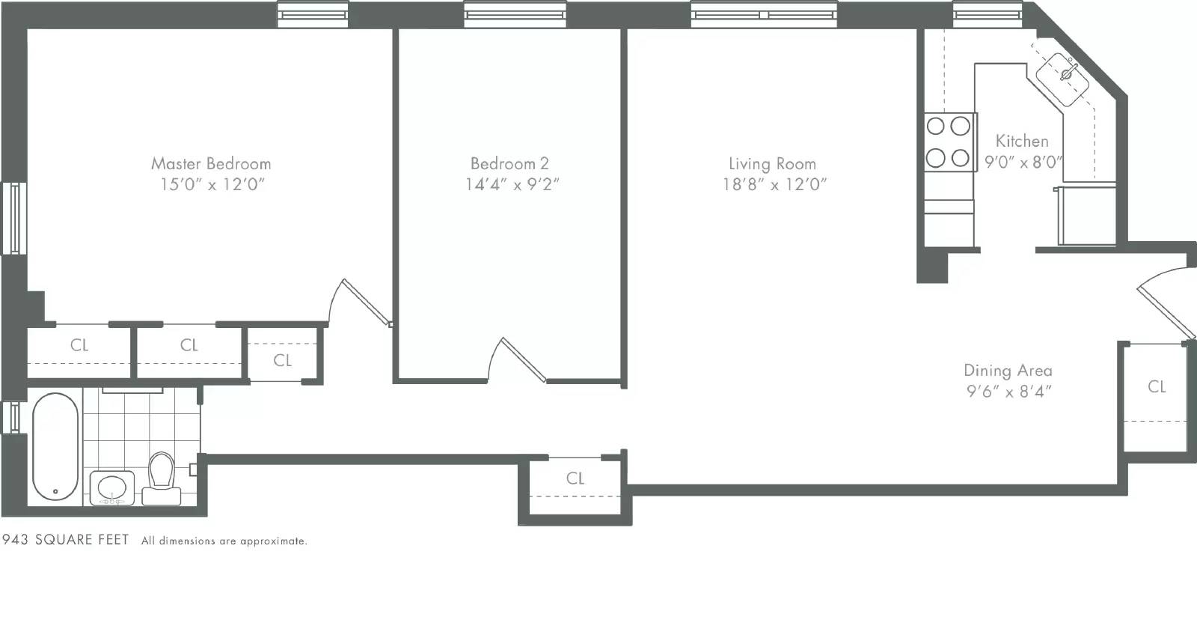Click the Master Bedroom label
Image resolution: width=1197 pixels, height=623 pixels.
pyautogui.click(x=211, y=163)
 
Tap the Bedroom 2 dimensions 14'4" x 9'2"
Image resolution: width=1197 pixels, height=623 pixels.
pyautogui.click(x=512, y=184)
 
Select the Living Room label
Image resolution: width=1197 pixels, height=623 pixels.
pyautogui.click(x=772, y=163)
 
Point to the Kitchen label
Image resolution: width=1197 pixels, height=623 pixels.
pyautogui.click(x=1022, y=141)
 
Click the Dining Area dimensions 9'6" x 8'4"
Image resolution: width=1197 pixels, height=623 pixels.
pyautogui.click(x=1009, y=391)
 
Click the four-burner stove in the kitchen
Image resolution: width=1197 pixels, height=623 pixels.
pyautogui.click(x=949, y=142)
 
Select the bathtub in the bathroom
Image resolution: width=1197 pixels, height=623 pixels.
pyautogui.click(x=55, y=447)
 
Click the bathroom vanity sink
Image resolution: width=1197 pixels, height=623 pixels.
pyautogui.click(x=112, y=487)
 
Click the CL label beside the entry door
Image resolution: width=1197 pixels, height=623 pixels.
pyautogui.click(x=1157, y=386)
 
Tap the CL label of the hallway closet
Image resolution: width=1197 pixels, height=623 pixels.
pyautogui.click(x=575, y=478)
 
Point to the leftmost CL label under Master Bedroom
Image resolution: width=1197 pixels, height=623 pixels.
pyautogui.click(x=79, y=345)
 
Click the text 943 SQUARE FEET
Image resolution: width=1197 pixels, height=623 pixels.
pyautogui.click(x=66, y=540)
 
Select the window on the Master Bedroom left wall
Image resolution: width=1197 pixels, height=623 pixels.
pyautogui.click(x=13, y=218)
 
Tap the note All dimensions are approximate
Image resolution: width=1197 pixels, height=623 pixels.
pyautogui.click(x=224, y=541)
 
